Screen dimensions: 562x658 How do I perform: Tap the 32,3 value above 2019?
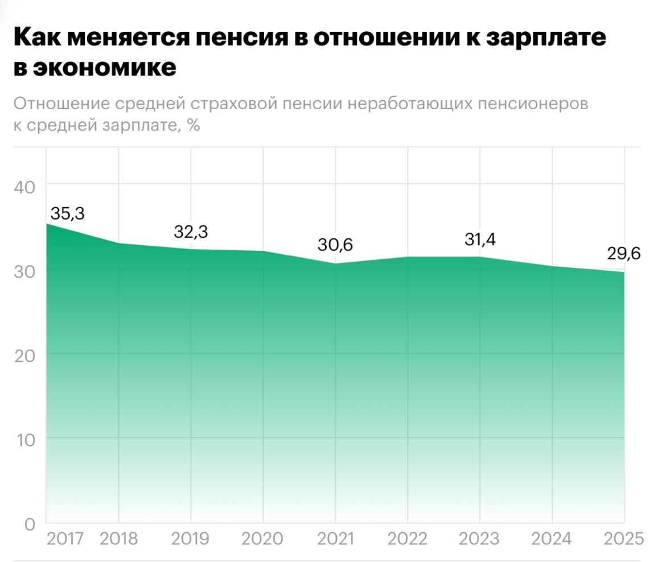click(191, 232)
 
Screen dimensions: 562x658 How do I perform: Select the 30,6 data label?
click(335, 245)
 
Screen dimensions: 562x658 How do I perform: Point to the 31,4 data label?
click(479, 239)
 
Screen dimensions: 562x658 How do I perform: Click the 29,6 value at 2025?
click(623, 254)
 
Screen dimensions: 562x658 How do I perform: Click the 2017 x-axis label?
click(65, 538)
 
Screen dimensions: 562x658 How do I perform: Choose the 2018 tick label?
click(118, 538)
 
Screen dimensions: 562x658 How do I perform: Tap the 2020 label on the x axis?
click(263, 538)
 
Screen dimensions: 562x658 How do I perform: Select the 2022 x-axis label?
click(408, 538)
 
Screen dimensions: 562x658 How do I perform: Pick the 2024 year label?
click(552, 538)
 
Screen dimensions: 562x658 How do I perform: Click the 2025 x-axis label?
click(624, 538)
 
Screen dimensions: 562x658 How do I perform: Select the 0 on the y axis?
click(30, 524)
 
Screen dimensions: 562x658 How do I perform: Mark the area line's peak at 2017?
click(47, 224)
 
